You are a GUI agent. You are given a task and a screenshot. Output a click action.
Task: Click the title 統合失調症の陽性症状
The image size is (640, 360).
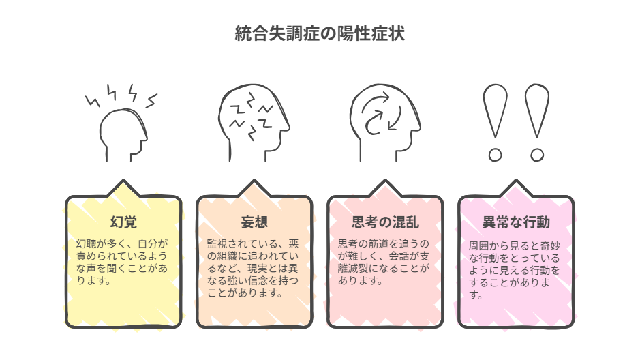pyautogui.click(x=320, y=33)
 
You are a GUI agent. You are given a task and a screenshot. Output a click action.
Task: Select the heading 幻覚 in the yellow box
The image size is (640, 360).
pyautogui.click(x=123, y=222)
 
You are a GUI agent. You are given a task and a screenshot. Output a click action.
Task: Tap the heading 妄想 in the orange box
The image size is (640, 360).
pyautogui.click(x=254, y=222)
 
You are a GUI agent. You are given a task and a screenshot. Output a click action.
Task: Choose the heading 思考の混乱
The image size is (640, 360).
pyautogui.click(x=385, y=222)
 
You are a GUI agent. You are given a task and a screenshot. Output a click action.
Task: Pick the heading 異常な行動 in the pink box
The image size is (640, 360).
pyautogui.click(x=516, y=222)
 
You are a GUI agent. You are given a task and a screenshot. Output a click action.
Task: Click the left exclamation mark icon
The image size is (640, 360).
pyautogui.click(x=495, y=123)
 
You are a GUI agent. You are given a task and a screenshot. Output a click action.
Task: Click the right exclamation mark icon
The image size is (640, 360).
pyautogui.click(x=537, y=123)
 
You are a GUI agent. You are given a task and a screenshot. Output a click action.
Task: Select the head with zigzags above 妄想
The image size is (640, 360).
pyautogui.click(x=254, y=123)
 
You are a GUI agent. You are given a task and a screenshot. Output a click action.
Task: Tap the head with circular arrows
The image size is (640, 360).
pyautogui.click(x=385, y=123)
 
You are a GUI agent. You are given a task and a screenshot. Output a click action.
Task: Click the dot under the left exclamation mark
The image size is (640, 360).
pyautogui.click(x=495, y=155)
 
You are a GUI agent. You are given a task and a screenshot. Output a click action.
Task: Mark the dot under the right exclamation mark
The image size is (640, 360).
pyautogui.click(x=537, y=155)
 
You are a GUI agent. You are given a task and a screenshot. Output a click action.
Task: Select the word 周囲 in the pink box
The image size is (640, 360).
pyautogui.click(x=478, y=245)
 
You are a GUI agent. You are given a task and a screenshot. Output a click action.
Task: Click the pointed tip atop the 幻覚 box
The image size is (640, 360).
pyautogui.click(x=123, y=180)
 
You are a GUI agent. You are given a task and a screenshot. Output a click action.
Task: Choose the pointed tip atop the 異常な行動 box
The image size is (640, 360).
pyautogui.click(x=516, y=180)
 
